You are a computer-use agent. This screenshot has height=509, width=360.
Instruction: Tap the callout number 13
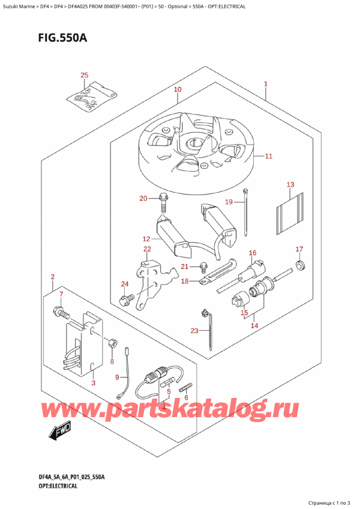click(290, 184)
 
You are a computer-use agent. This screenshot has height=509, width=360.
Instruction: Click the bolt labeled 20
click(163, 202)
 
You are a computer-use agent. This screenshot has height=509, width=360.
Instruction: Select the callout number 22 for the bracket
click(147, 249)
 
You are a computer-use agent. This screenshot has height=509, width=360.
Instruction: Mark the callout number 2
click(53, 277)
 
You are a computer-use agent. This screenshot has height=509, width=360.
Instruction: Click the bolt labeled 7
click(61, 312)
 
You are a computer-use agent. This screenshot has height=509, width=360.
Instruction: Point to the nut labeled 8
click(112, 343)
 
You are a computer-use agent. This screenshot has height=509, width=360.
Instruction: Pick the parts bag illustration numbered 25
click(89, 97)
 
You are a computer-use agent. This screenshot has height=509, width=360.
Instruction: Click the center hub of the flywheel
click(194, 143)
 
